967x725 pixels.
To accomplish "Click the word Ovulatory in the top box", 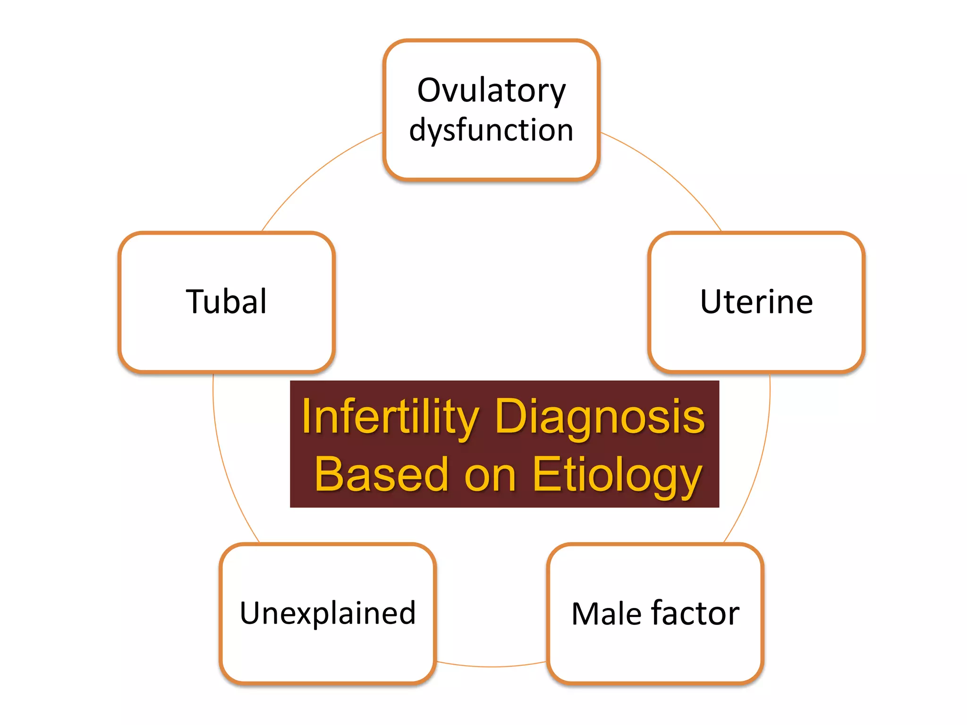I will point(491,91).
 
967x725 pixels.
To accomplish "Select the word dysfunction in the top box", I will point(491,130).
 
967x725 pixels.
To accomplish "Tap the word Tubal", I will point(227,302).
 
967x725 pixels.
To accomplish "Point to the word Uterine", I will point(756,302).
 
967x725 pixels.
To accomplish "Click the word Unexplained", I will point(328,613).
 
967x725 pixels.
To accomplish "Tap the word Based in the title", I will point(381,475).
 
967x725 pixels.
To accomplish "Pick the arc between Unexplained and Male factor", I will point(491,666).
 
